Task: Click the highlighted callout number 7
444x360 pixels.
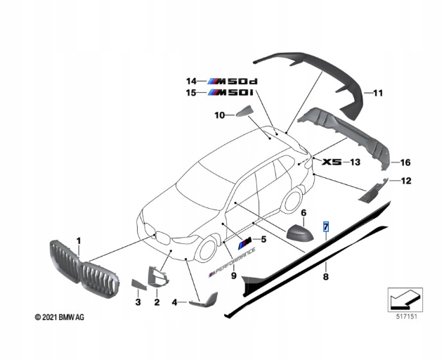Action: click(x=325, y=227)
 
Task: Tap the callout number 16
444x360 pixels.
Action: click(x=405, y=162)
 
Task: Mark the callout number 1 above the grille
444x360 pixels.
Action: click(x=79, y=240)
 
